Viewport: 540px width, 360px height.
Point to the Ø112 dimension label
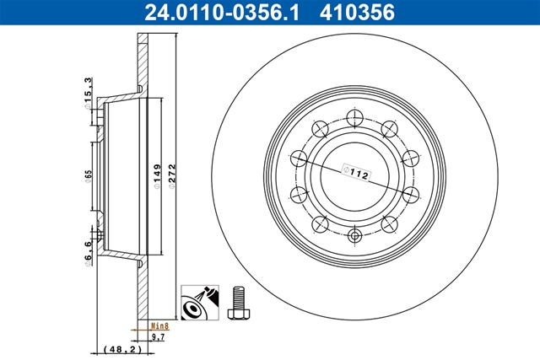coord(357,174)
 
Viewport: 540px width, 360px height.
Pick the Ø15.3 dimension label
coord(87,88)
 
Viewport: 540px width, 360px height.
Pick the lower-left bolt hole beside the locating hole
coord(319,223)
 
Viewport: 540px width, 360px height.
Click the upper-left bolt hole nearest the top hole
coord(319,128)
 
